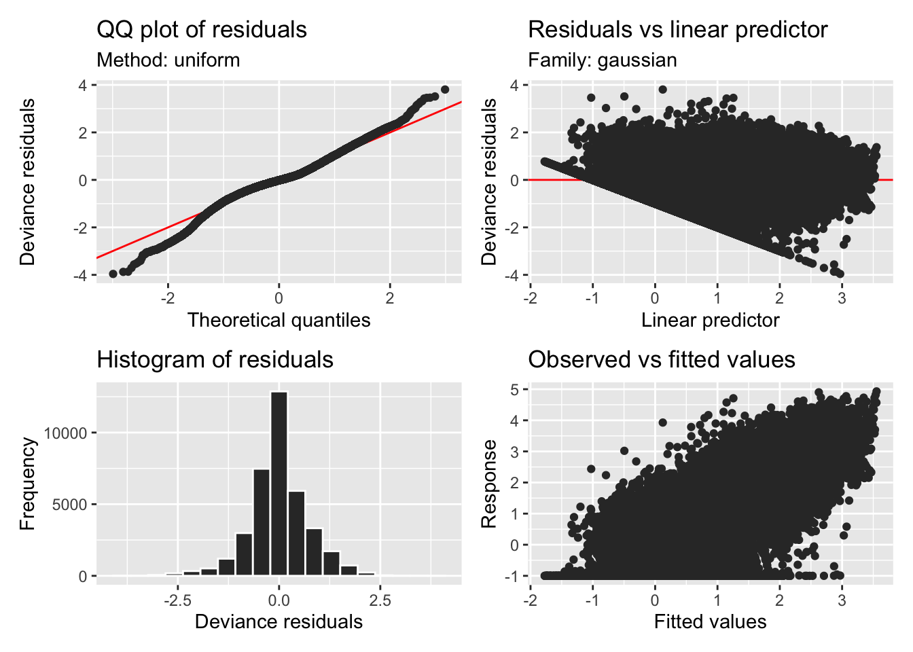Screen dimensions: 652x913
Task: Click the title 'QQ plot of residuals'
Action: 202,30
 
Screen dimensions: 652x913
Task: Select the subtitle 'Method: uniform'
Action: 168,60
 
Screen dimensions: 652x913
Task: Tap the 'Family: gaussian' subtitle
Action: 602,60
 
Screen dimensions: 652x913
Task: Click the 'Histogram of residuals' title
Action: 215,359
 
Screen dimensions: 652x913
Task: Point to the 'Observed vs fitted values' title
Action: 661,359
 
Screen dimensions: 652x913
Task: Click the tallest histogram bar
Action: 279,483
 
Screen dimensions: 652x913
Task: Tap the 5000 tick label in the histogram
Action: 69,505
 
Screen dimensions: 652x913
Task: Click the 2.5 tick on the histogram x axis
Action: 380,600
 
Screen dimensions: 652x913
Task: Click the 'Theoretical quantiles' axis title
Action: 279,320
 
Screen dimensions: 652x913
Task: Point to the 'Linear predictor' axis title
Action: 710,320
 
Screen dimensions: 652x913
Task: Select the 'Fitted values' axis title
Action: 710,621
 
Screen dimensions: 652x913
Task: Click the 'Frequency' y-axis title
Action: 27,483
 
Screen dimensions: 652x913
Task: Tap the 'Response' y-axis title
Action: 488,483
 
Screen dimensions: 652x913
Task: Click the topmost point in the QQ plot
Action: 445,90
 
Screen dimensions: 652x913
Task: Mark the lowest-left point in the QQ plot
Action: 113,274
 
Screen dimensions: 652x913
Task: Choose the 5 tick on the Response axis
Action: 515,390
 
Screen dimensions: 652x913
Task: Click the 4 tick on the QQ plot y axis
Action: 83,86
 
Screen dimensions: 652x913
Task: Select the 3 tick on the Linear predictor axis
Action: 842,297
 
